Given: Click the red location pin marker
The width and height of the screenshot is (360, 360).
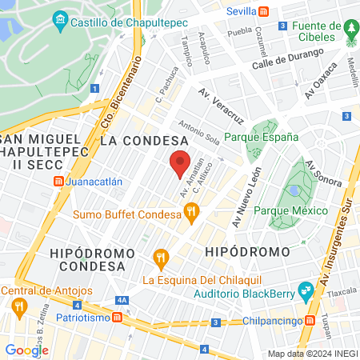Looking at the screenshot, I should [x=181, y=164].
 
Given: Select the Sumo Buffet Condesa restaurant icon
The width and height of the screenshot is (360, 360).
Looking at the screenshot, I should [x=190, y=212].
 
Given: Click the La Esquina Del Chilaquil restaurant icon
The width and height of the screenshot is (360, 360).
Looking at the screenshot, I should [x=160, y=258].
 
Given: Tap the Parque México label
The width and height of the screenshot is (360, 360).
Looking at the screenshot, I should [x=290, y=210].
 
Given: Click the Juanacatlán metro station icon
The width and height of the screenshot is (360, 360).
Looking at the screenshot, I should [x=58, y=181].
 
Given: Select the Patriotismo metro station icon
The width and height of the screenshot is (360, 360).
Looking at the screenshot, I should [x=118, y=317].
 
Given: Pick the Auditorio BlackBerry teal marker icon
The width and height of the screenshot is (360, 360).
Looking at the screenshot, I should [x=304, y=290].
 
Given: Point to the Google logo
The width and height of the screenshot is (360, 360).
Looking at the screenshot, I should [x=26, y=350].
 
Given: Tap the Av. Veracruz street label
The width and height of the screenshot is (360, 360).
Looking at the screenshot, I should [x=222, y=106].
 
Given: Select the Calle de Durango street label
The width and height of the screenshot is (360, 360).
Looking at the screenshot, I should [x=287, y=58].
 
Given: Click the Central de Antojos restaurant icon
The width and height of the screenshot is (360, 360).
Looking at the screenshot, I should [x=17, y=306].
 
